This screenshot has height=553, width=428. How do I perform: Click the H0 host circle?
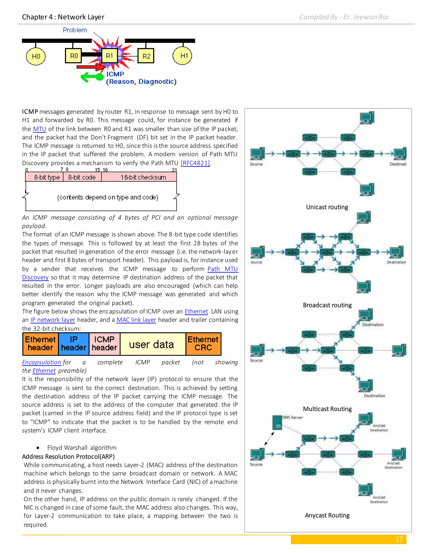pos(36,56)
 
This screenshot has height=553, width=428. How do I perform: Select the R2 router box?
pos(146,56)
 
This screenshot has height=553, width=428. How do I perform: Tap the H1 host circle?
pos(182,56)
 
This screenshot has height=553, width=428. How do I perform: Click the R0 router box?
pos(74,56)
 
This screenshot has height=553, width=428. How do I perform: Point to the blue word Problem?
pos(75,30)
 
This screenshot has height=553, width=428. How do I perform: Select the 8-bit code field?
pos(82,177)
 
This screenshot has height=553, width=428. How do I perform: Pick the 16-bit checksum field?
pos(143,177)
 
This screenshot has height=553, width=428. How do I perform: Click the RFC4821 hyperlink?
pos(195,163)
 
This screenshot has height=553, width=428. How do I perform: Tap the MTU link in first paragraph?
pos(39,129)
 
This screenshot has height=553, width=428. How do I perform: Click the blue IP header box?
pos(74,344)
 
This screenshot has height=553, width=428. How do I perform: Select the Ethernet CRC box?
pos(203,344)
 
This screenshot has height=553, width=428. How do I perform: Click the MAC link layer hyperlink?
pos(136,320)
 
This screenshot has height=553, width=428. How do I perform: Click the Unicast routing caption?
pos(327,207)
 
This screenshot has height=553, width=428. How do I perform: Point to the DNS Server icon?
pos(277,422)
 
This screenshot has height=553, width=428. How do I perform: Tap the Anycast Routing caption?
pos(327,515)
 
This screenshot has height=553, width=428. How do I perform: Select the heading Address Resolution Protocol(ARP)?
pos(68,457)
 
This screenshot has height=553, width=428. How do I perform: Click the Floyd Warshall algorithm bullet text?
pos(82,448)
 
